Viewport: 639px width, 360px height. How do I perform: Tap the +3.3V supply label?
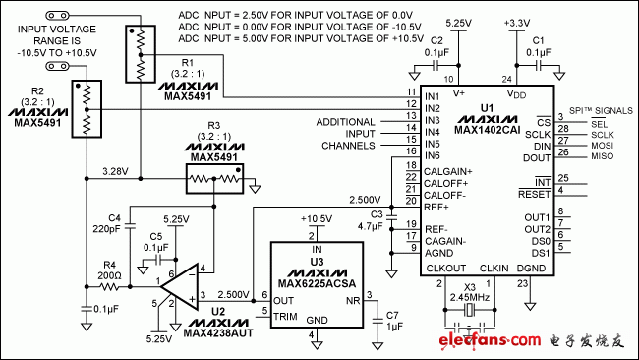(x=517, y=22)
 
